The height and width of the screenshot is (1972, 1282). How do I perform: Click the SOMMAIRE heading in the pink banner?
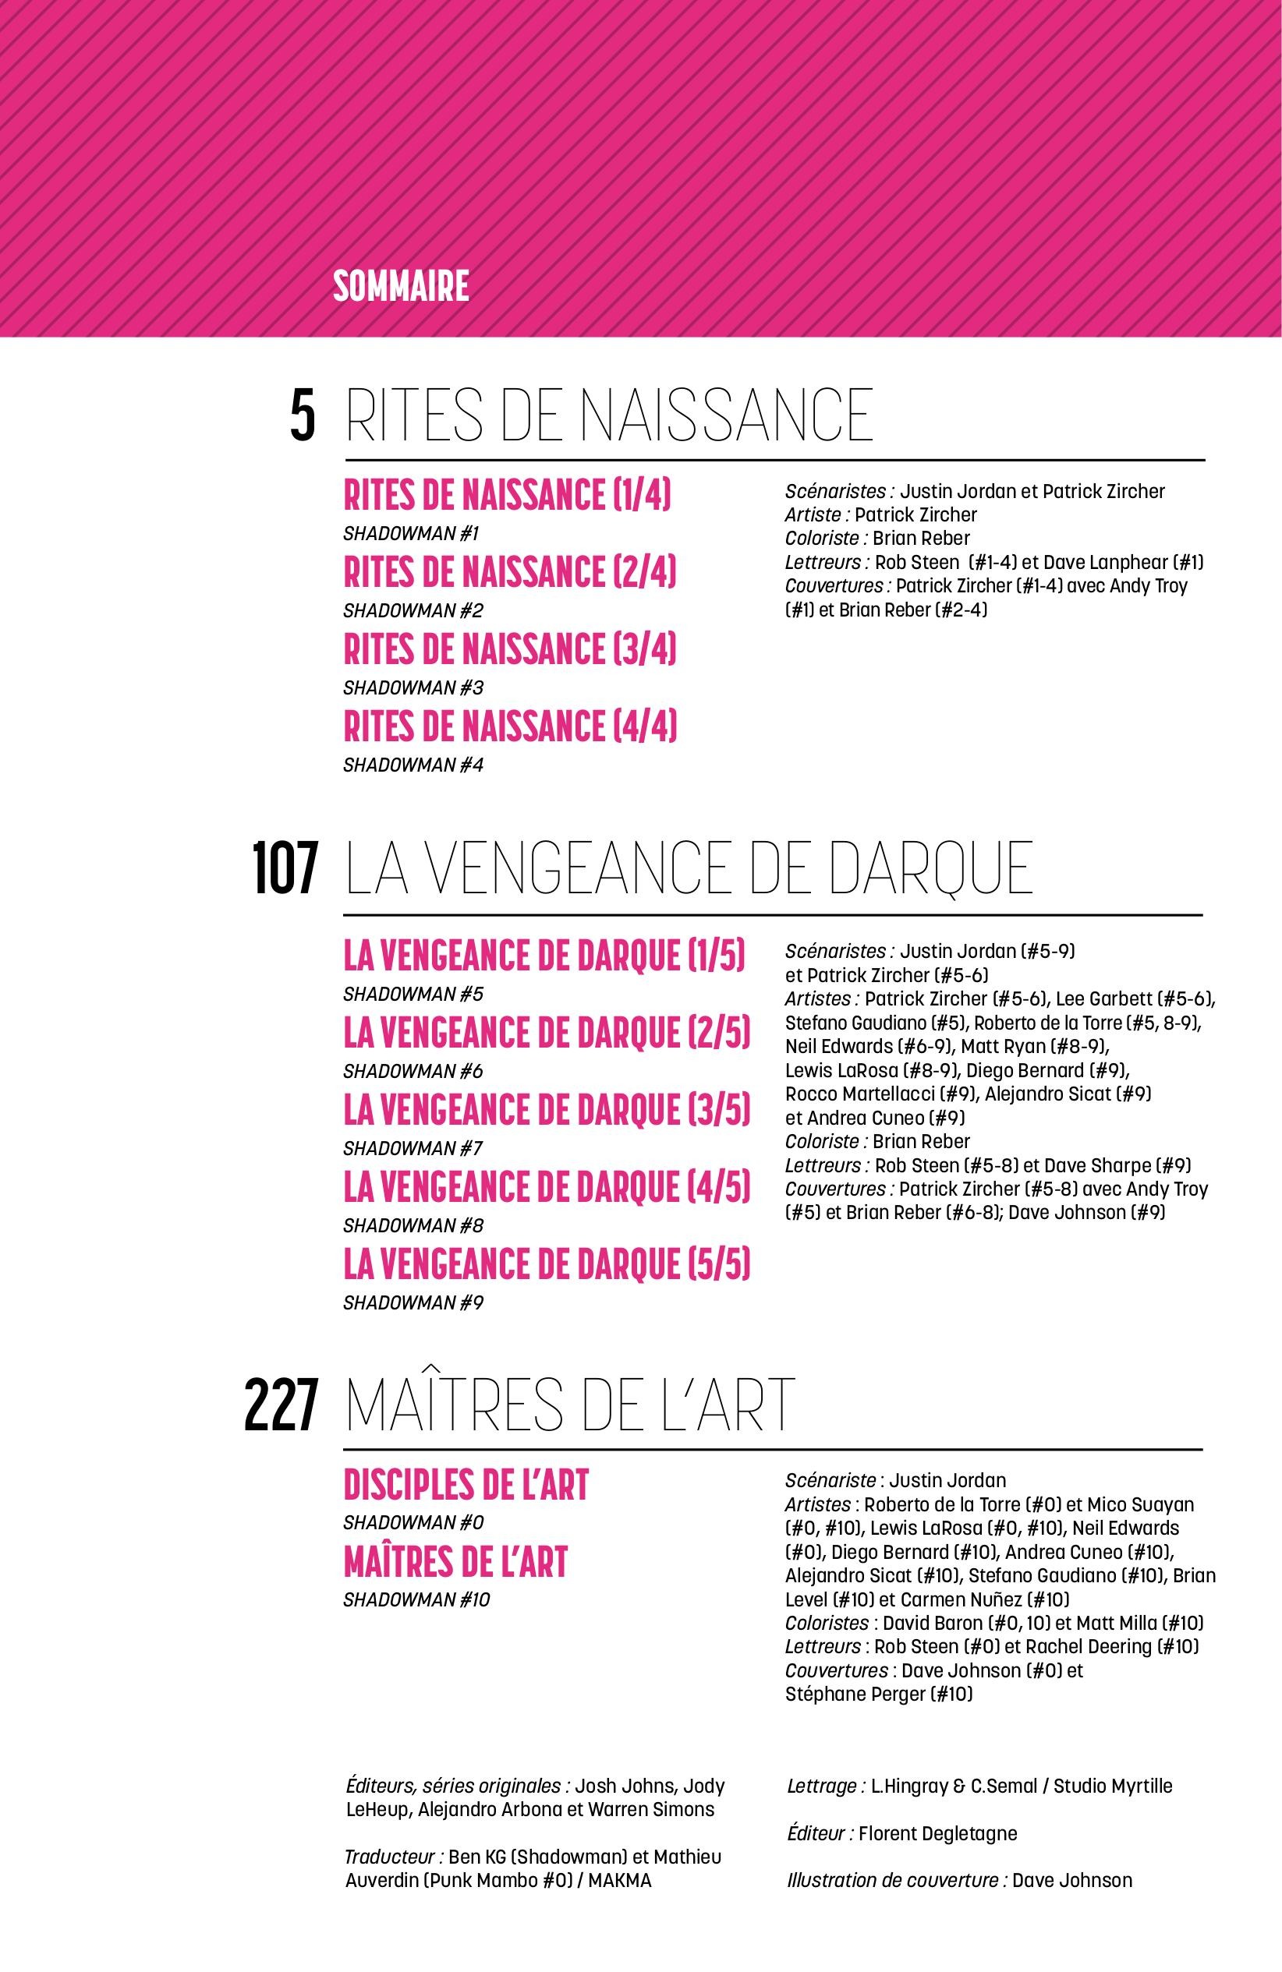[400, 287]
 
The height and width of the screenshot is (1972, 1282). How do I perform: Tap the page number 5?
[303, 418]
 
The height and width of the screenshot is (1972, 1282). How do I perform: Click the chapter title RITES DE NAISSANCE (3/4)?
[510, 648]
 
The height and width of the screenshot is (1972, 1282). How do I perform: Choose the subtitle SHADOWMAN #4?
[413, 765]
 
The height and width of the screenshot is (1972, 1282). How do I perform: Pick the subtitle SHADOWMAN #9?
[413, 1303]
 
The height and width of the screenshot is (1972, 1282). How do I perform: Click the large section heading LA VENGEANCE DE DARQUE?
[689, 870]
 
